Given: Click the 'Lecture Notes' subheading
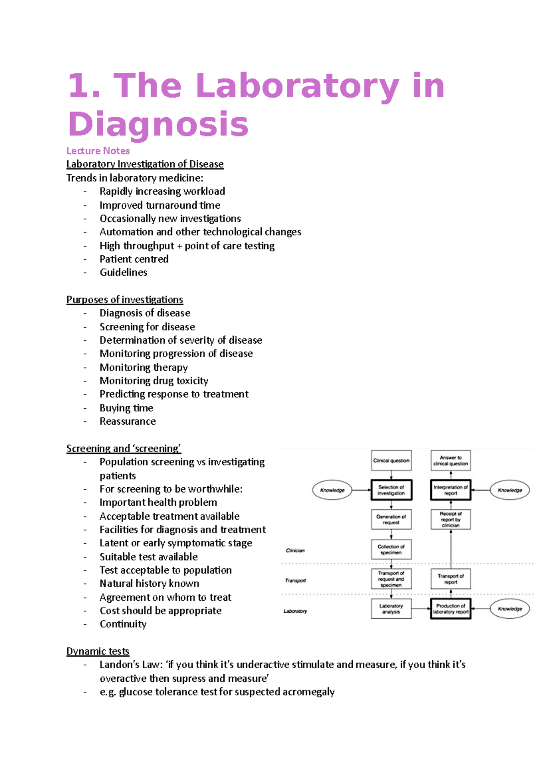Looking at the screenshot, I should point(98,151).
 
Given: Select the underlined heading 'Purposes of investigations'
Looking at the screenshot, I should point(124,300).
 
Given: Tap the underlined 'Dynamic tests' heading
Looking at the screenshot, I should point(97,651).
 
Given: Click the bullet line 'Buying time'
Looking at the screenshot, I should point(126,408).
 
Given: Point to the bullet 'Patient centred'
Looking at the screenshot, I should point(134,259).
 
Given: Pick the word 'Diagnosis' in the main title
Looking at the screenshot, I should point(158,124).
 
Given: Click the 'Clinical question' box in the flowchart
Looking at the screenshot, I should point(391,460).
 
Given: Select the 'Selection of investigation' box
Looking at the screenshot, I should point(391,490).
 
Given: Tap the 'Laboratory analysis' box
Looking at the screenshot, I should point(391,609).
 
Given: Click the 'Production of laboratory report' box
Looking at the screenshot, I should point(451,609).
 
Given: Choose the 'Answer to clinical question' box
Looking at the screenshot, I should point(451,460).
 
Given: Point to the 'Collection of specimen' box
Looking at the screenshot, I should point(391,549).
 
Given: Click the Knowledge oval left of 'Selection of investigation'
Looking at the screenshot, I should point(332,490).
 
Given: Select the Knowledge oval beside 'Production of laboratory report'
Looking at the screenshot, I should point(510,609).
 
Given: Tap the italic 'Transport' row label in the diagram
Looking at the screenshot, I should point(296,581).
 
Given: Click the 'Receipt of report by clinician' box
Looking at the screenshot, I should point(451,519).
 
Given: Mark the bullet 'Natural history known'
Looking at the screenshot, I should point(149,583).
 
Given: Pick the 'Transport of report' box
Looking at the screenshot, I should point(451,579).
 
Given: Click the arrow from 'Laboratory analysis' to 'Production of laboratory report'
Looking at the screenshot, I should point(421,609).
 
